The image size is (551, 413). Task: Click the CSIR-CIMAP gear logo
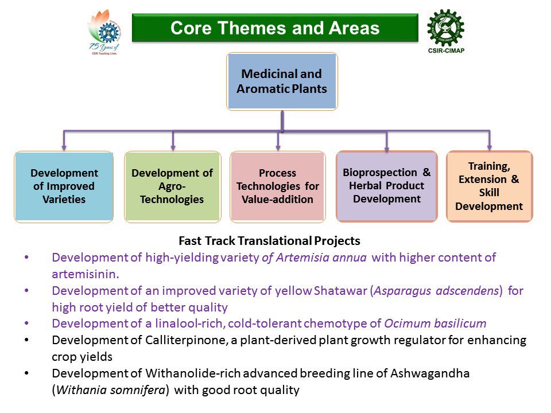[x=445, y=28]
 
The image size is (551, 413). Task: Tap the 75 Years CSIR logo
[x=104, y=32]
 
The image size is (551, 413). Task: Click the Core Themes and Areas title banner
[x=275, y=28]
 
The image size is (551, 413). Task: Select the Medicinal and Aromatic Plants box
[x=282, y=81]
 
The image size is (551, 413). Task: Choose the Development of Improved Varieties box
[x=64, y=186]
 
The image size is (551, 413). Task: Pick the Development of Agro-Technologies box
[x=173, y=186]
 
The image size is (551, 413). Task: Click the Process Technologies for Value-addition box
[x=278, y=186]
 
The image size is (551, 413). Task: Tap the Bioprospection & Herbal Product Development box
[x=387, y=186]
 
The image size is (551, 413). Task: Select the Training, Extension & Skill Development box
[x=489, y=186]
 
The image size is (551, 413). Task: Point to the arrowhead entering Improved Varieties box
[x=64, y=147]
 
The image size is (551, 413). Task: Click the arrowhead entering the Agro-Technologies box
[x=173, y=147]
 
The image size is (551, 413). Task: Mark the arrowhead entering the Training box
[x=490, y=147]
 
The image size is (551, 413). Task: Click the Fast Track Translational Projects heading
[x=270, y=241]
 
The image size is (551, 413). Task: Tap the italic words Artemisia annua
[x=321, y=258]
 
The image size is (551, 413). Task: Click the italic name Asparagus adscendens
[x=436, y=291]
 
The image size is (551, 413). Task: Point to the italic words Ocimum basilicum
[x=435, y=324]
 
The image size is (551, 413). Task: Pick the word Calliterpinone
[x=185, y=340]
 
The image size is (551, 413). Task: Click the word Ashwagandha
[x=430, y=373]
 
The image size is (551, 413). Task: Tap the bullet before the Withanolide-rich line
[x=27, y=373]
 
